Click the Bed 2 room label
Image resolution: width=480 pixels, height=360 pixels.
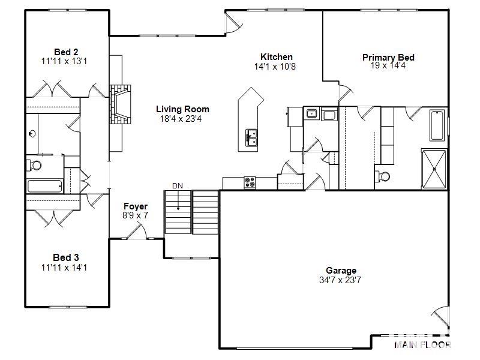pyautogui.click(x=66, y=52)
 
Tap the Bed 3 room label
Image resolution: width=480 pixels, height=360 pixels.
pyautogui.click(x=66, y=257)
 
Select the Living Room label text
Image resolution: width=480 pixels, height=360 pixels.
pyautogui.click(x=182, y=109)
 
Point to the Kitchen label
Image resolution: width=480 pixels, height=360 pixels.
pyautogui.click(x=276, y=57)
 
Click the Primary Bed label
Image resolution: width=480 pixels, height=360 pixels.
pyautogui.click(x=388, y=58)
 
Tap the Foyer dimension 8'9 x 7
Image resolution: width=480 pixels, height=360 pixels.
pyautogui.click(x=135, y=215)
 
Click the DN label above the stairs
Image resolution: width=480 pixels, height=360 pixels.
pyautogui.click(x=178, y=186)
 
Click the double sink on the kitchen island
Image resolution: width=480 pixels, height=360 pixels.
pyautogui.click(x=251, y=138)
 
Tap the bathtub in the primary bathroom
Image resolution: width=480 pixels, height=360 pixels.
pyautogui.click(x=437, y=125)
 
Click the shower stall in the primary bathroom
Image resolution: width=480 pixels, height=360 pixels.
pyautogui.click(x=434, y=169)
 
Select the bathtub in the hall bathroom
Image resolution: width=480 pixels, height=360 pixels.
pyautogui.click(x=44, y=186)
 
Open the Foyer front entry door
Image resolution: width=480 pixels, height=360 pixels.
pyautogui.click(x=139, y=231)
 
